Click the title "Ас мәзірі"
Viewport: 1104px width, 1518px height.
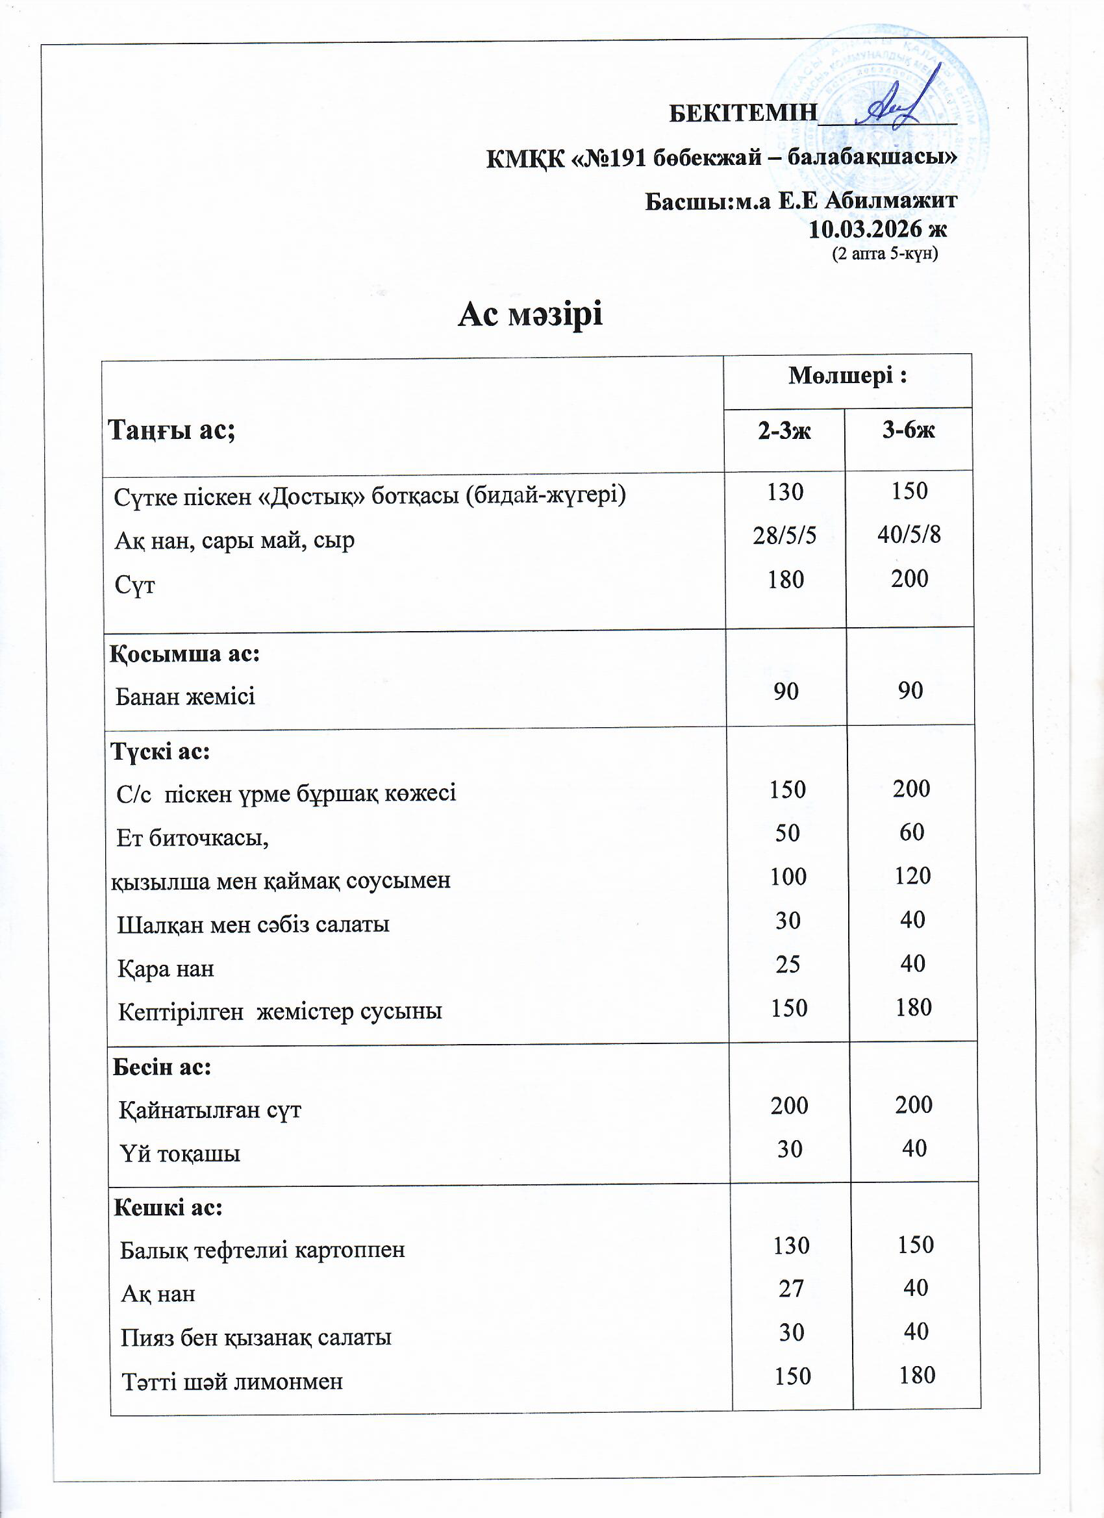click(x=530, y=314)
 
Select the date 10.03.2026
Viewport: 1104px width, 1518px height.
click(x=866, y=229)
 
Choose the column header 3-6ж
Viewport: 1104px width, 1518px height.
click(x=908, y=430)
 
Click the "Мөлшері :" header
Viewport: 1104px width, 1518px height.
click(x=847, y=376)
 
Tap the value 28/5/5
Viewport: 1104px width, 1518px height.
click(x=784, y=536)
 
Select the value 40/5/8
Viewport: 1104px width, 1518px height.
click(x=909, y=534)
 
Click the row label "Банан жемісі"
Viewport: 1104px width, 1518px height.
click(x=186, y=697)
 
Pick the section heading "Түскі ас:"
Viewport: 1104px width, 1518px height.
click(x=160, y=752)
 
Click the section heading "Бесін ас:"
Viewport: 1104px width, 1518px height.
click(x=162, y=1066)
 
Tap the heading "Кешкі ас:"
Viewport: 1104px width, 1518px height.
click(x=168, y=1207)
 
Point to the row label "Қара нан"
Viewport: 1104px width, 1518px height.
click(x=166, y=969)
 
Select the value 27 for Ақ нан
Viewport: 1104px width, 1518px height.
click(x=791, y=1288)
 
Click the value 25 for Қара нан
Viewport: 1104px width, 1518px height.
click(x=788, y=964)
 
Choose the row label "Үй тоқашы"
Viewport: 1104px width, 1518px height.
click(x=180, y=1154)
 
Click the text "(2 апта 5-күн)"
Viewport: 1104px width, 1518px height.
click(x=884, y=255)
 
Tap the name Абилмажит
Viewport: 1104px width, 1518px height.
click(x=891, y=200)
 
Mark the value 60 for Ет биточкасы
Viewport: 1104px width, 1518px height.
click(x=911, y=832)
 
